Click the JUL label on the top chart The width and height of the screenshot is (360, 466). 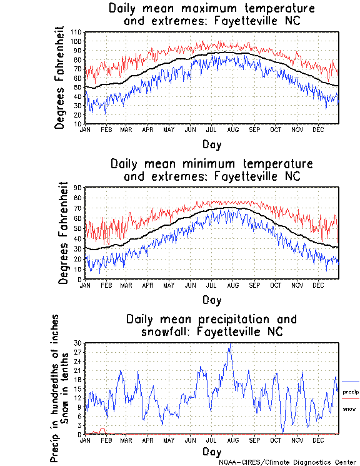[x=212, y=129]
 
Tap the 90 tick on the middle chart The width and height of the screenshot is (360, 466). [x=78, y=187]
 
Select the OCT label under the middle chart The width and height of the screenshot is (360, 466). [x=276, y=285]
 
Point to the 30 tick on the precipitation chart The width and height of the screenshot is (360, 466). [x=78, y=343]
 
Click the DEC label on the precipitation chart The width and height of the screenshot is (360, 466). [x=318, y=440]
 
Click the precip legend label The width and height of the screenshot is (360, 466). [x=351, y=391]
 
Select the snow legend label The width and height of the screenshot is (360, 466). [x=349, y=408]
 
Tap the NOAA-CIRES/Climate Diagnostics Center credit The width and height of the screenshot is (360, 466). [x=287, y=462]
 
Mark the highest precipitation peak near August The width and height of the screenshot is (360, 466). [x=231, y=344]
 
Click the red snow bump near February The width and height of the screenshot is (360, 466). [x=102, y=430]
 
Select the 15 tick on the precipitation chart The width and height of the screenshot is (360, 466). [x=78, y=388]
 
